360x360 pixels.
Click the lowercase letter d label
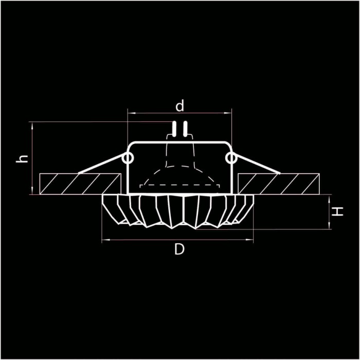[x=179, y=106]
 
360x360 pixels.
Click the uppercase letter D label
[x=179, y=250]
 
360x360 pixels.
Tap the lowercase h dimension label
[x=22, y=159]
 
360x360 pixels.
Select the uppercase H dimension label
[x=337, y=211]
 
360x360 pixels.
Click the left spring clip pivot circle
[x=127, y=158]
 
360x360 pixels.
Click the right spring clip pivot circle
[x=231, y=158]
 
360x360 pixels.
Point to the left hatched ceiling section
[x=80, y=184]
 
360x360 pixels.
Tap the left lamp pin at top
[x=174, y=129]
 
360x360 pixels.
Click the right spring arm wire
[x=257, y=165]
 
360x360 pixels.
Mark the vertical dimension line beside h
[x=32, y=158]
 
